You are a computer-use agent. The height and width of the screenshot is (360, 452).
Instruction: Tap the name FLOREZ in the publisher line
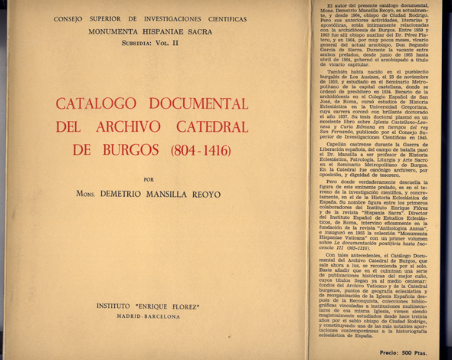pos(198,306)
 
